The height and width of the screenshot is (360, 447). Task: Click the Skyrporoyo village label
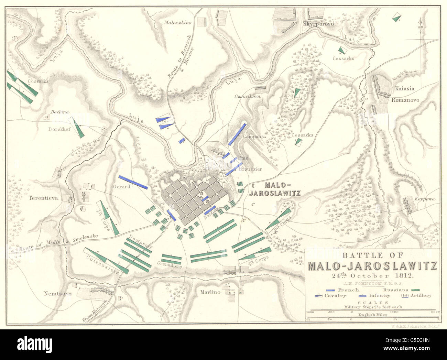[318, 24]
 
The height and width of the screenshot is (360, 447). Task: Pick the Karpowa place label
[424, 199]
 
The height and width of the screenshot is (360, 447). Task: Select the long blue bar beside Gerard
[133, 182]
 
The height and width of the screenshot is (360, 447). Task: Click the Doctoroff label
[141, 242]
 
